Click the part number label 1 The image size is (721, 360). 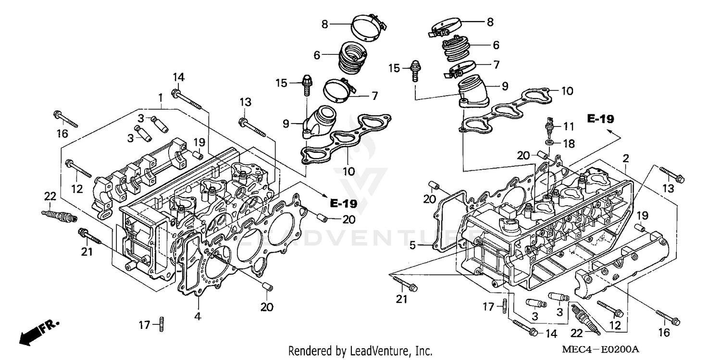pyautogui.click(x=160, y=98)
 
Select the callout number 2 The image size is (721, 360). pyautogui.click(x=625, y=158)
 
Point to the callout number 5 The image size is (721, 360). pyautogui.click(x=412, y=246)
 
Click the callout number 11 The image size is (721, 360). pyautogui.click(x=569, y=127)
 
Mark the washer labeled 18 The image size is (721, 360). pyautogui.click(x=548, y=142)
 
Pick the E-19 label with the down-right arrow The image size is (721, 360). pyautogui.click(x=343, y=203)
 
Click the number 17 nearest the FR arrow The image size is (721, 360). pyautogui.click(x=145, y=325)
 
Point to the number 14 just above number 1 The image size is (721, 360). pyautogui.click(x=178, y=77)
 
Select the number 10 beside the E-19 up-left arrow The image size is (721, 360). pyautogui.click(x=568, y=91)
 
